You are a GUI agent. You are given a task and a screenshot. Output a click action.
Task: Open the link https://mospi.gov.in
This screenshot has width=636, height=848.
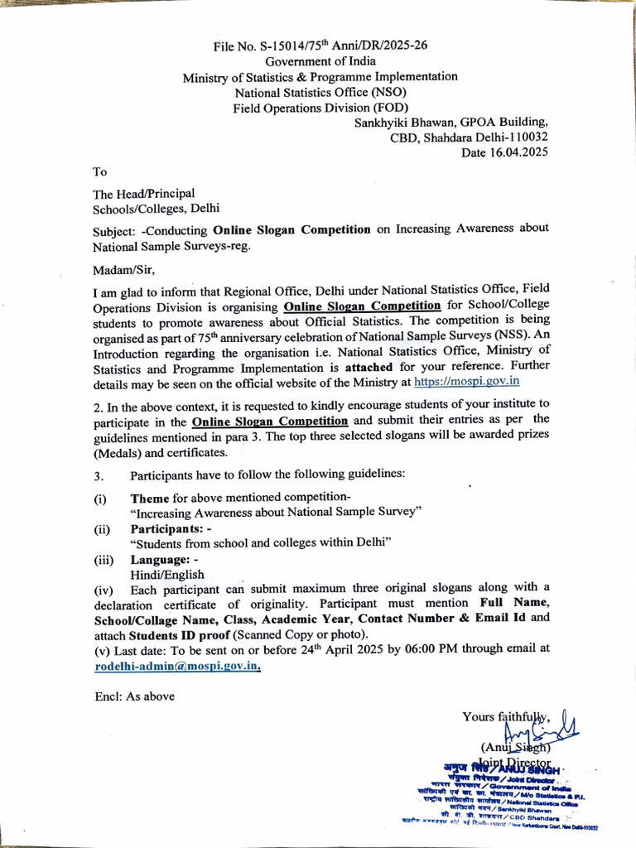[x=466, y=381]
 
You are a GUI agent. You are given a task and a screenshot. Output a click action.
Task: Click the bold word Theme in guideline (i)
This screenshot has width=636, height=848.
[x=150, y=499]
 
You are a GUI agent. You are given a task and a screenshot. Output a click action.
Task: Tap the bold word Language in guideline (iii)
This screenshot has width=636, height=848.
[x=160, y=560]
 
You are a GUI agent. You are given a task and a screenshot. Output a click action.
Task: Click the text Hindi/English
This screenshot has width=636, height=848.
[x=166, y=575]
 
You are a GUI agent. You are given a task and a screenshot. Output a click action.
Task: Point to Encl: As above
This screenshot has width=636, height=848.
[x=134, y=696]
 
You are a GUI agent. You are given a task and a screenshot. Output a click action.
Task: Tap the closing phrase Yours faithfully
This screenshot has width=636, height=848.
[x=505, y=717]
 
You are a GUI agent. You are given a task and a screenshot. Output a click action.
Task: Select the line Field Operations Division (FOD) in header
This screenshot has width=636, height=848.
[x=320, y=107]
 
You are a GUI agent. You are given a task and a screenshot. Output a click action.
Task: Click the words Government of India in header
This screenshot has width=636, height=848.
[x=320, y=60]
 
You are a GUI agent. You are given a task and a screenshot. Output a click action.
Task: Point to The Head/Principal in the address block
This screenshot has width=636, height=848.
[x=143, y=193]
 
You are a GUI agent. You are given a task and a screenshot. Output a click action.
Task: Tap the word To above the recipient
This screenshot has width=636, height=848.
[x=99, y=171]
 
